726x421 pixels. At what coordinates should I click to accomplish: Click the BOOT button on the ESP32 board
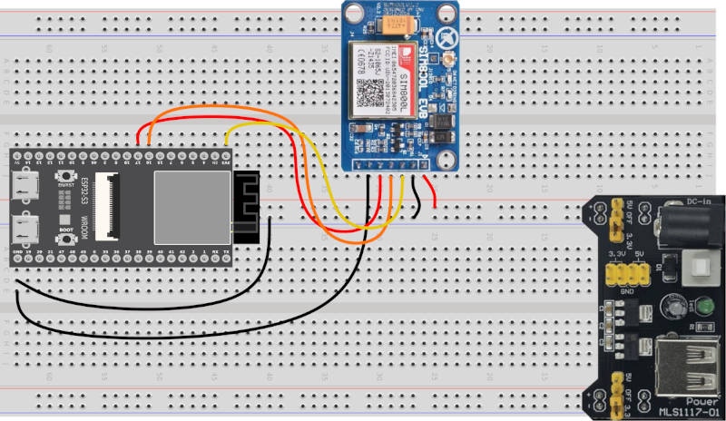point(64,220)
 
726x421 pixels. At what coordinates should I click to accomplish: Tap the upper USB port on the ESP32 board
point(25,186)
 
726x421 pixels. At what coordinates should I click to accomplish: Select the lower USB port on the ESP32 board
point(25,227)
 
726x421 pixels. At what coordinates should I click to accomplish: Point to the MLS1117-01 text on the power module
point(691,408)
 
